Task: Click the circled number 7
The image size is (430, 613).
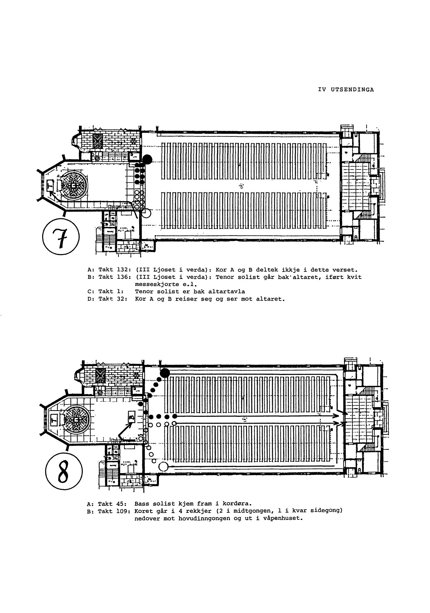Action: click(61, 237)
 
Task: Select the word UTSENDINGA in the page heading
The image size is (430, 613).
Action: click(352, 90)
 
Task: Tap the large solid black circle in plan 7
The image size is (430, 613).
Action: click(147, 159)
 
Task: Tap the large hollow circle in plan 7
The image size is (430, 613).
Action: click(146, 213)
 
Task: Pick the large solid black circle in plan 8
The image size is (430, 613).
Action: click(165, 373)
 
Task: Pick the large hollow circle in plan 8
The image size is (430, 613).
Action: click(164, 467)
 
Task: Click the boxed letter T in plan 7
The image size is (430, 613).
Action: click(50, 185)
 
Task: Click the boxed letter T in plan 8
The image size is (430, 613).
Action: click(54, 419)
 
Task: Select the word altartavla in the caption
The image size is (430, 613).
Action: click(223, 291)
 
